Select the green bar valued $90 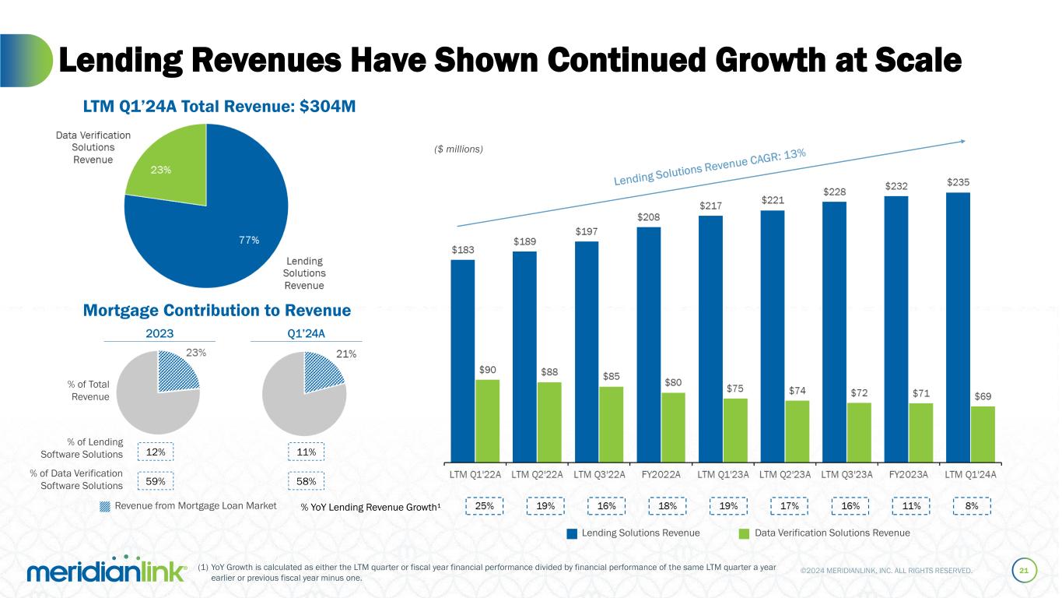coord(487,420)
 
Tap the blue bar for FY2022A coord(649,343)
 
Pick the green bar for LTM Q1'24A coord(983,433)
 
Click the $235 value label coord(958,182)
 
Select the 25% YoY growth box coord(484,506)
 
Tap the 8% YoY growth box coord(972,506)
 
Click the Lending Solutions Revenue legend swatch coord(572,533)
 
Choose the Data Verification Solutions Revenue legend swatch coord(744,533)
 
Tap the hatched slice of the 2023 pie coord(177,372)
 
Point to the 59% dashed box coord(155,482)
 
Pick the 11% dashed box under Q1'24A coord(307,452)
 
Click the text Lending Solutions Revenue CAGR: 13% coord(710,168)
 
